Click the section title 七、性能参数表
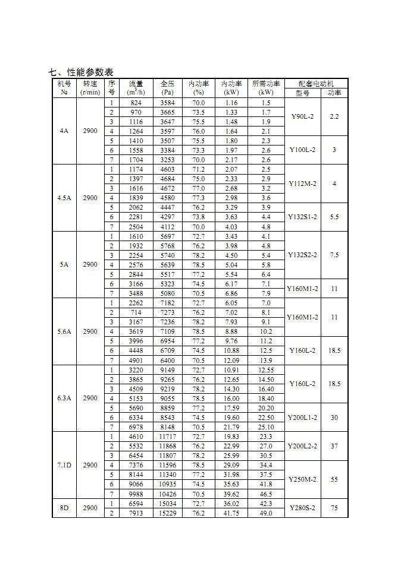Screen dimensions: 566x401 point(80,72)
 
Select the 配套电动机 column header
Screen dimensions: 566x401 point(316,84)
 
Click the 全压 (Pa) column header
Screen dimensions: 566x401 point(167,88)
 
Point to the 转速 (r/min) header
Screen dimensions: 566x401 point(90,88)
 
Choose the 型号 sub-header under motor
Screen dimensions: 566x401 point(303,93)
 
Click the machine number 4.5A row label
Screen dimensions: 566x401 point(64,198)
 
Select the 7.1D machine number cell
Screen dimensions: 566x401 point(64,465)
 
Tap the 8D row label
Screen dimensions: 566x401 point(64,508)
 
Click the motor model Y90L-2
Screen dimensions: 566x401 point(303,116)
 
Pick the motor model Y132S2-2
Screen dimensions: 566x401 point(303,255)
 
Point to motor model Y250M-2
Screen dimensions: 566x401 point(303,479)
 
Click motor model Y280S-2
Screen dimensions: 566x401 point(303,508)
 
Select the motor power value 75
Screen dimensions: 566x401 point(334,508)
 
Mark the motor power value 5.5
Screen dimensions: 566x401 point(334,217)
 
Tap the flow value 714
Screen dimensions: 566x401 point(136,312)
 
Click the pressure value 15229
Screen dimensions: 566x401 point(167,513)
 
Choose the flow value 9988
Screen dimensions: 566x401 point(136,494)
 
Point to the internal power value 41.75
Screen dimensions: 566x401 point(231,513)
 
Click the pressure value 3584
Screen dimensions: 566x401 point(167,103)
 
